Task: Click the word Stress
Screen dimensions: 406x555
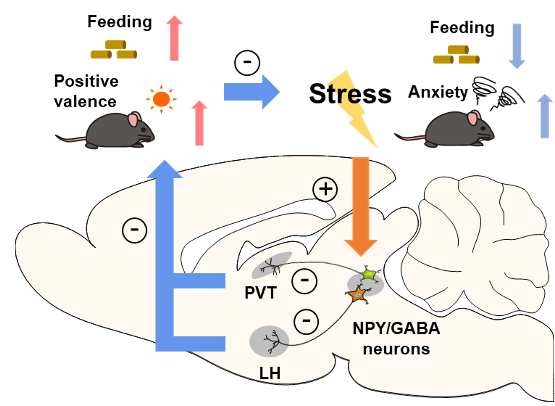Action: click(350, 94)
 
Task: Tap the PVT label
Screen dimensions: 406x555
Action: click(260, 293)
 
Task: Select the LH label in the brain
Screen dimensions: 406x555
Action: click(270, 373)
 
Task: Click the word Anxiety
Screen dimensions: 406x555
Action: click(438, 92)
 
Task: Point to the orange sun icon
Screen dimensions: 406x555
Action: click(161, 99)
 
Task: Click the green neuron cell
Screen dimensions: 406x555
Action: click(368, 275)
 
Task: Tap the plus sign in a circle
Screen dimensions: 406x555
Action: click(325, 189)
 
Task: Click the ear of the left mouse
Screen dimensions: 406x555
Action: click(134, 119)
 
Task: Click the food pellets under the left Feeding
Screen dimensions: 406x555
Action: click(114, 50)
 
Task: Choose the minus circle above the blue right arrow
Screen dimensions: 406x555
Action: click(247, 62)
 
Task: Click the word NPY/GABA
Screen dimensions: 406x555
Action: click(396, 328)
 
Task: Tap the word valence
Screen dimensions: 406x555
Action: click(85, 102)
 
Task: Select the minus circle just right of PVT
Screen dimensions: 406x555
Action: click(304, 281)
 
